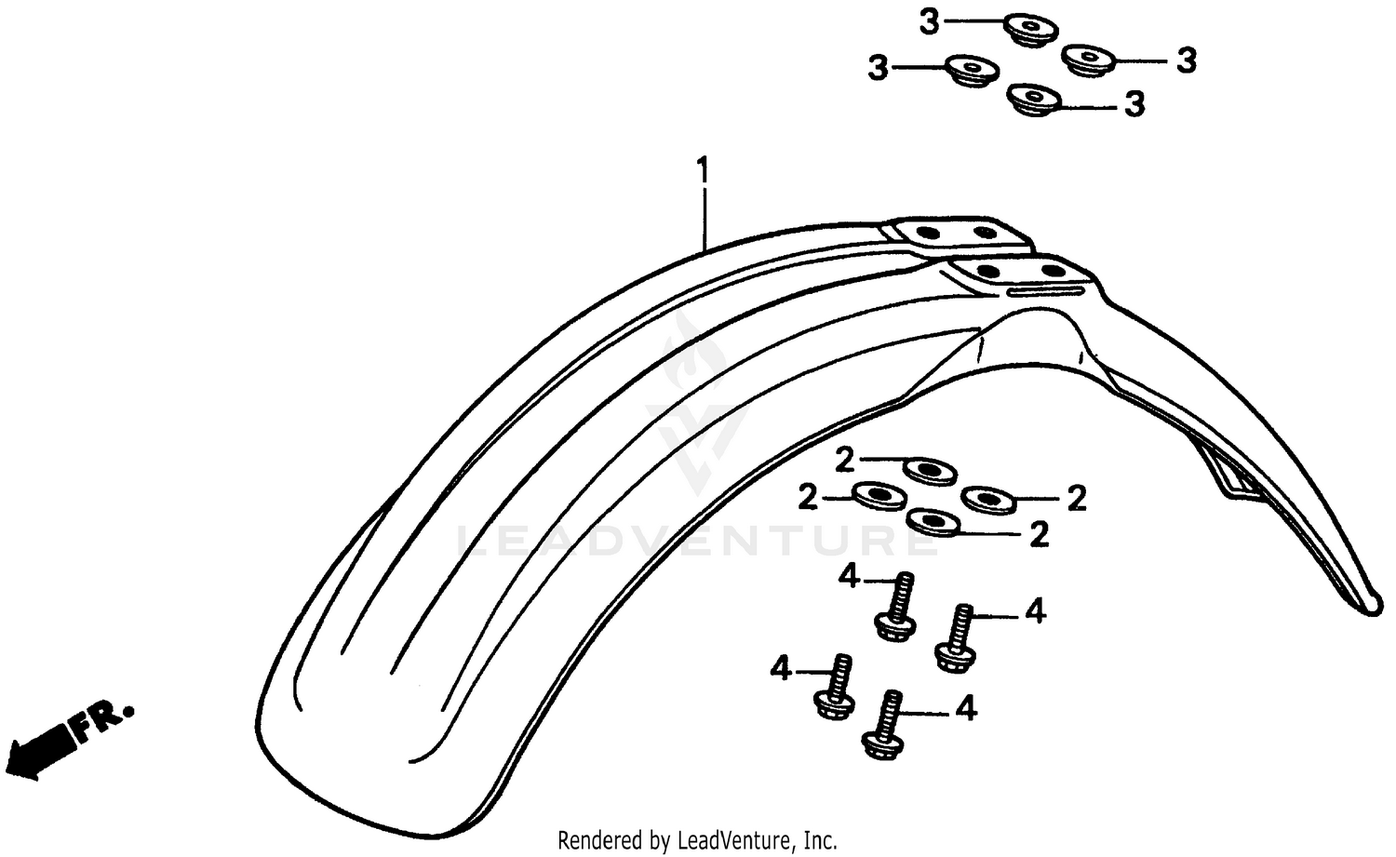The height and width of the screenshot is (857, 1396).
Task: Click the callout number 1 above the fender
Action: click(703, 171)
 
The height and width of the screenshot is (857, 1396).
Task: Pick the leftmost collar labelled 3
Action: click(972, 70)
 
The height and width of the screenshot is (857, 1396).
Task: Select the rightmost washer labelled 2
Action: click(988, 500)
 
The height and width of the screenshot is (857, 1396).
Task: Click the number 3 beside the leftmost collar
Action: click(878, 67)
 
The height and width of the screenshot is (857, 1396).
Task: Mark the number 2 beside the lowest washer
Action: click(1039, 534)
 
